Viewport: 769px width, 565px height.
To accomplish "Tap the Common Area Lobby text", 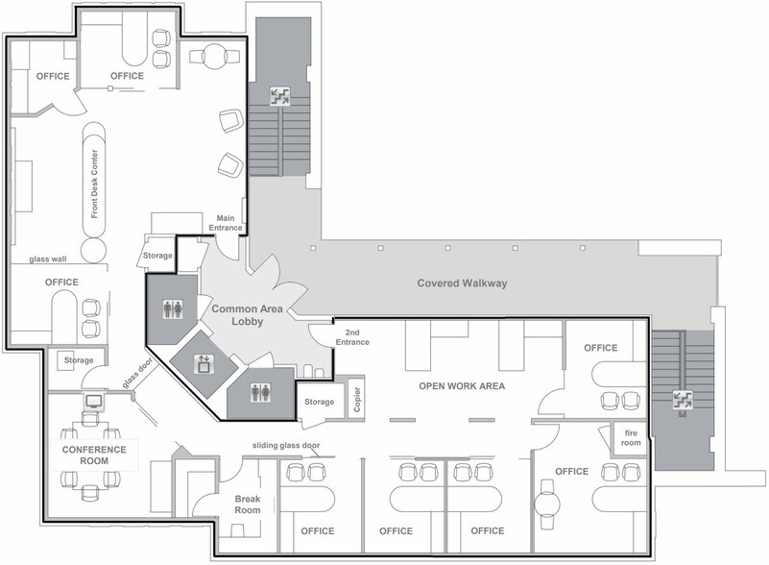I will coord(247,315).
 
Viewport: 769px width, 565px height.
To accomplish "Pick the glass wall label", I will coord(45,258).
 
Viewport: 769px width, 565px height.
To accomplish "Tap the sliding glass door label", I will coord(286,446).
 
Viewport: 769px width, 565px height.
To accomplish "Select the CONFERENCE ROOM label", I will coord(94,454).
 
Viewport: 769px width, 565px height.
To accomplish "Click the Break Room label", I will coord(248,504).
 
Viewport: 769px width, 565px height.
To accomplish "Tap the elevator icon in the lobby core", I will coord(204,363).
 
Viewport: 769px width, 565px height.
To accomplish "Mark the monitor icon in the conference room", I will coord(94,401).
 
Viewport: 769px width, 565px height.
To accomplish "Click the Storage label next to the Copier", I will coord(319,402).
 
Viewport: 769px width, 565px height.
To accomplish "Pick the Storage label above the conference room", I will coord(79,360).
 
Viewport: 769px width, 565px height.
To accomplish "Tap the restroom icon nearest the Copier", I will coord(260,392).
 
